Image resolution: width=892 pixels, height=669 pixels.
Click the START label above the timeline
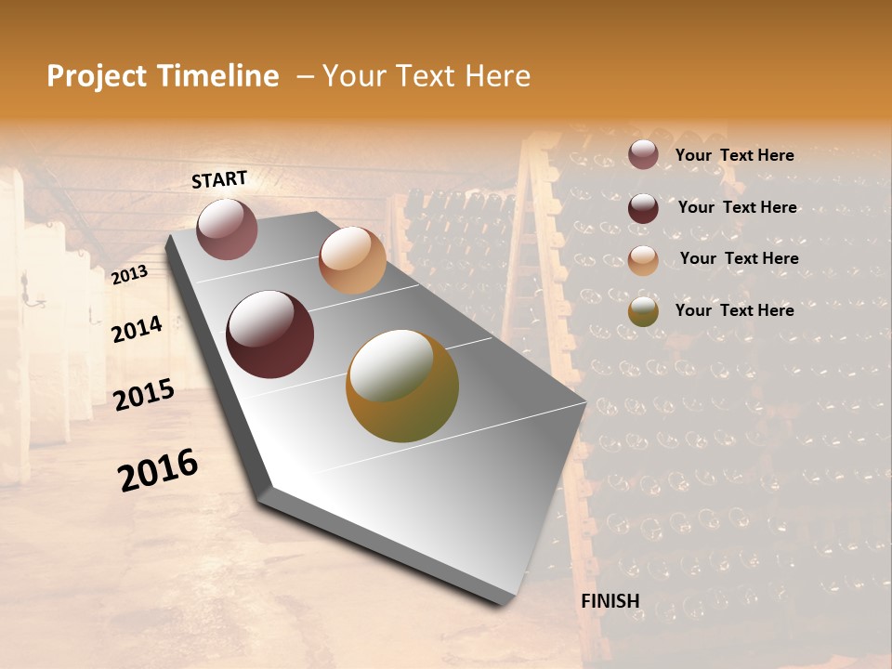click(x=219, y=179)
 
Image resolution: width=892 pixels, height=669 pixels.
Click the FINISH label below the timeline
click(x=610, y=600)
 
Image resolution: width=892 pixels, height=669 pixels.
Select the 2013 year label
click(x=129, y=275)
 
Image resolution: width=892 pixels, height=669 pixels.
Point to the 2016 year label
click(x=158, y=470)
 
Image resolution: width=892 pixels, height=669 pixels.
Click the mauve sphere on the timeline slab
click(x=227, y=229)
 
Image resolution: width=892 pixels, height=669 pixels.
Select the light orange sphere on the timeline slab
click(x=352, y=260)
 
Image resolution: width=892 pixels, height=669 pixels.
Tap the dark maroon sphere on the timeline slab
click(x=270, y=334)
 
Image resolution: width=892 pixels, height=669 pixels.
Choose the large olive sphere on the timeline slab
click(x=402, y=386)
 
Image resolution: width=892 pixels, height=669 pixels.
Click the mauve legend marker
click(x=643, y=154)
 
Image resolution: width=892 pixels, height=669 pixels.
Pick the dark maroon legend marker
click(x=643, y=207)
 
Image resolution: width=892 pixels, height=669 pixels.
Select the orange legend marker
click(x=643, y=259)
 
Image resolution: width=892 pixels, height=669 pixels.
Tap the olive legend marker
click(x=643, y=311)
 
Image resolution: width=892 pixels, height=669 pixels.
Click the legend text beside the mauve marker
click(x=734, y=155)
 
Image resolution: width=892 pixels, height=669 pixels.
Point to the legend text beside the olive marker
click(x=734, y=310)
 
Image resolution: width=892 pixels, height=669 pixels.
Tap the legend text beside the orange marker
click(x=739, y=258)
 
